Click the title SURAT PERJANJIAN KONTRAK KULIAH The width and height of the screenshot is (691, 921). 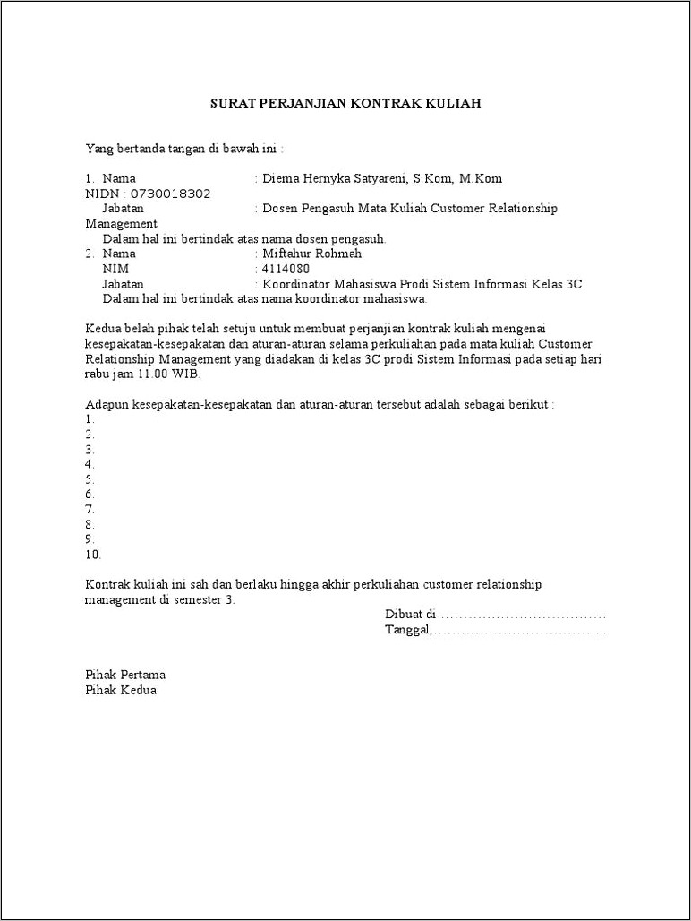click(x=345, y=103)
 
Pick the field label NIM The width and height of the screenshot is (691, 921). click(x=115, y=269)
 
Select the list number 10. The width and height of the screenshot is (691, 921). click(x=93, y=554)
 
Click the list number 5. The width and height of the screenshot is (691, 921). click(x=90, y=479)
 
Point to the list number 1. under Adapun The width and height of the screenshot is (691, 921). click(x=90, y=419)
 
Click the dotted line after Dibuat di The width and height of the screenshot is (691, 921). click(x=524, y=615)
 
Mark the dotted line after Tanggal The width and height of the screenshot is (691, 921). click(x=520, y=631)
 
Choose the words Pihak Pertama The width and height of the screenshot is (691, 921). click(x=125, y=675)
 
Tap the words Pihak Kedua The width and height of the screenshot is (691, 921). click(x=121, y=690)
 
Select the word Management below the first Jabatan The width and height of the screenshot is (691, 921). click(x=121, y=224)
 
